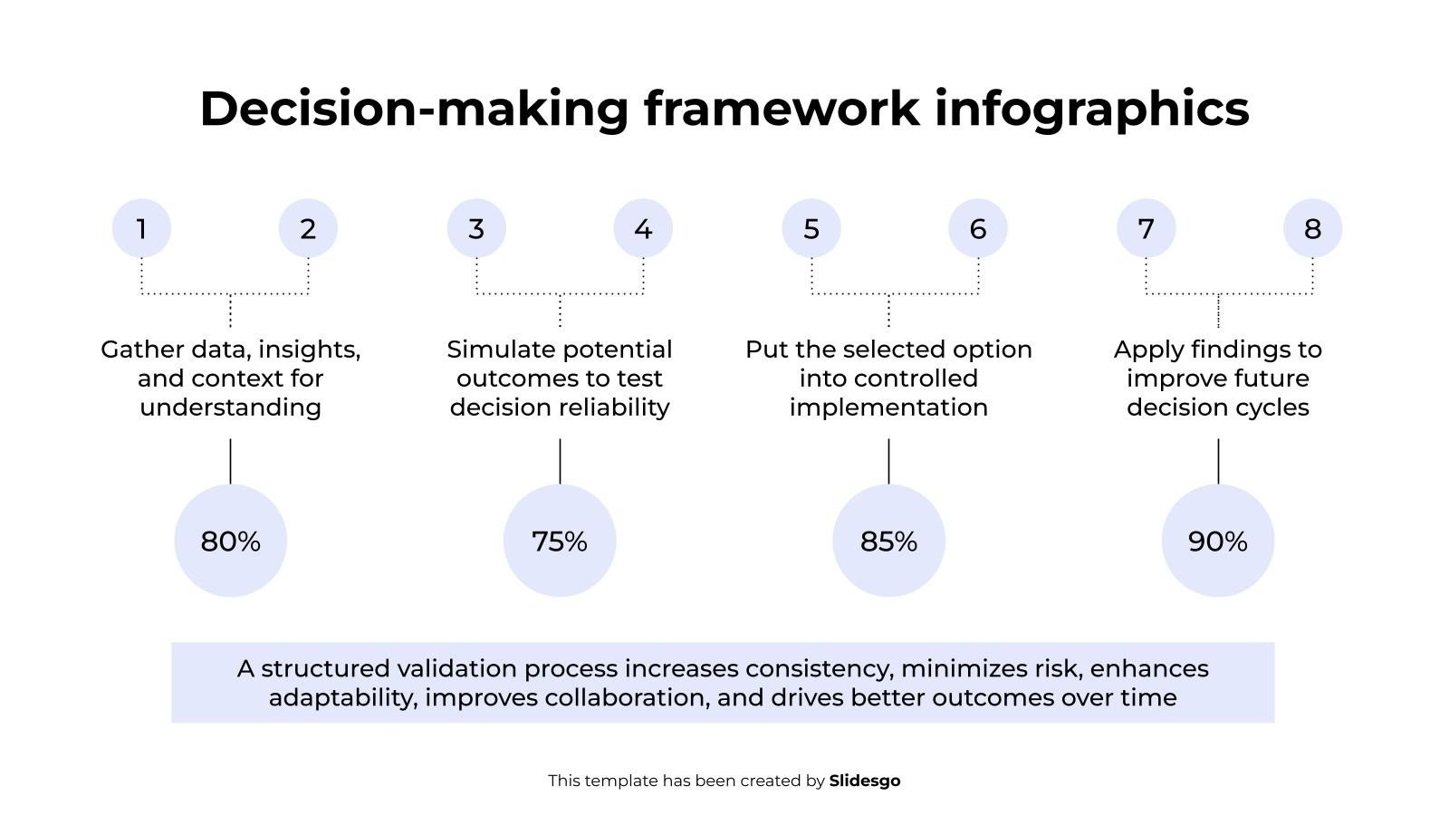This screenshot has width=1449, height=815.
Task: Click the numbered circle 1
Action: (141, 228)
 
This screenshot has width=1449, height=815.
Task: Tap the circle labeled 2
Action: (308, 228)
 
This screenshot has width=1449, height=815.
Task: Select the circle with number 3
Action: (476, 228)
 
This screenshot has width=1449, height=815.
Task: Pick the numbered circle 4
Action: (643, 228)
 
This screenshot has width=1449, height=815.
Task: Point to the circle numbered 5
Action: (811, 228)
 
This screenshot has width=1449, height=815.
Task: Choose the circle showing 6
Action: (978, 228)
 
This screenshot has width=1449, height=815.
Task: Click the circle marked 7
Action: (1147, 228)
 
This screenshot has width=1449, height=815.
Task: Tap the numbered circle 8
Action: (1312, 228)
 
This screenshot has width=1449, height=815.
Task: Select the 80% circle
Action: (230, 541)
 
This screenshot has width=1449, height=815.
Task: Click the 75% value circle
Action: (560, 541)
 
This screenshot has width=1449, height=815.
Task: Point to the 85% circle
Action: (888, 541)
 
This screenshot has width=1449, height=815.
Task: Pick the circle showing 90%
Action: (1218, 541)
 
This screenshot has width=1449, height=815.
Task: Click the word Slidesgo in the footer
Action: (865, 781)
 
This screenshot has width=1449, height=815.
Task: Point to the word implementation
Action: (888, 408)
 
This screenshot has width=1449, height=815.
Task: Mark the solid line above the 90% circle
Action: (1218, 461)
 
